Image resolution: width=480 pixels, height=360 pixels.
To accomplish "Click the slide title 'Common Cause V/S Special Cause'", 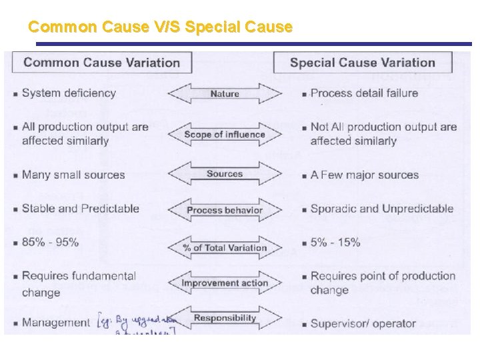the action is point(161,27).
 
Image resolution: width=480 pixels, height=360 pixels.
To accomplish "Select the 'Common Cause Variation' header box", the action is point(102,63).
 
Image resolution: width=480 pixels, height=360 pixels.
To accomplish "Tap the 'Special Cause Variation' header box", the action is point(363,63).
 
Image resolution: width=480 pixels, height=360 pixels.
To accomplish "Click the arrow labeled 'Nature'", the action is point(225,94).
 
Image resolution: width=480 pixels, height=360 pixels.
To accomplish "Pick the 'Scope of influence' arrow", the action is point(225,135).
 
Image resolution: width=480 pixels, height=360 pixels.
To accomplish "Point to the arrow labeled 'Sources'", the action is point(225,174).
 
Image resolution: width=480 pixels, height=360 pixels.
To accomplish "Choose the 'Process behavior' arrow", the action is point(225,211).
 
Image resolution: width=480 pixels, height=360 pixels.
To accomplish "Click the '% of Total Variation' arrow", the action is point(225,248).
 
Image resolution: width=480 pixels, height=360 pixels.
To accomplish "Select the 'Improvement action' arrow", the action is point(225,284).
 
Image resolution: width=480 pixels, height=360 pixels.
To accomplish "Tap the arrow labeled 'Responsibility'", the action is point(225,319).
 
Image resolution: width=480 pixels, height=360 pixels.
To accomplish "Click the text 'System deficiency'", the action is point(69,93).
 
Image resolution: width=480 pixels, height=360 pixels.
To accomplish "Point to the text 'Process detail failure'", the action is point(364,93).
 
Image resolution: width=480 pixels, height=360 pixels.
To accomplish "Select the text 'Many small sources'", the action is point(73,175).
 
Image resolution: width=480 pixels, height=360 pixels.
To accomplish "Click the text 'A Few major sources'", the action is point(364,175).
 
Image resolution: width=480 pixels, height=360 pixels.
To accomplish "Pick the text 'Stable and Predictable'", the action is point(80,208).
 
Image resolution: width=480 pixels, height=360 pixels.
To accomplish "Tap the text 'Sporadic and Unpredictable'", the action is point(381,209).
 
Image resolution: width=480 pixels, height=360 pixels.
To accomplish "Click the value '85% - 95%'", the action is point(50,242).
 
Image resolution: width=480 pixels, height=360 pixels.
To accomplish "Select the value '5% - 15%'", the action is point(335,242).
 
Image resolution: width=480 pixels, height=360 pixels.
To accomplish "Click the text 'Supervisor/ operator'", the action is point(363,323).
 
